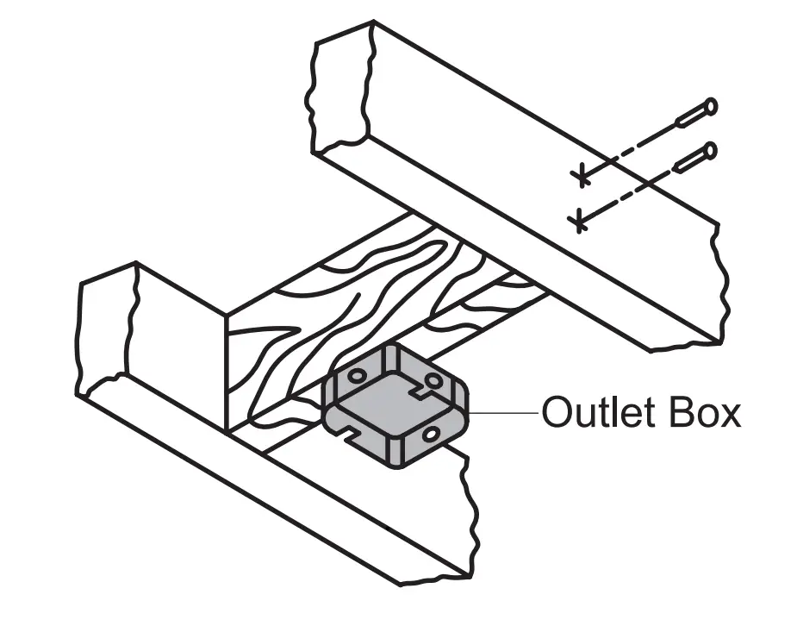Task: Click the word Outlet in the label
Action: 593,413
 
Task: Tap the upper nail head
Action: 710,107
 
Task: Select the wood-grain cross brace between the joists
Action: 345,293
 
